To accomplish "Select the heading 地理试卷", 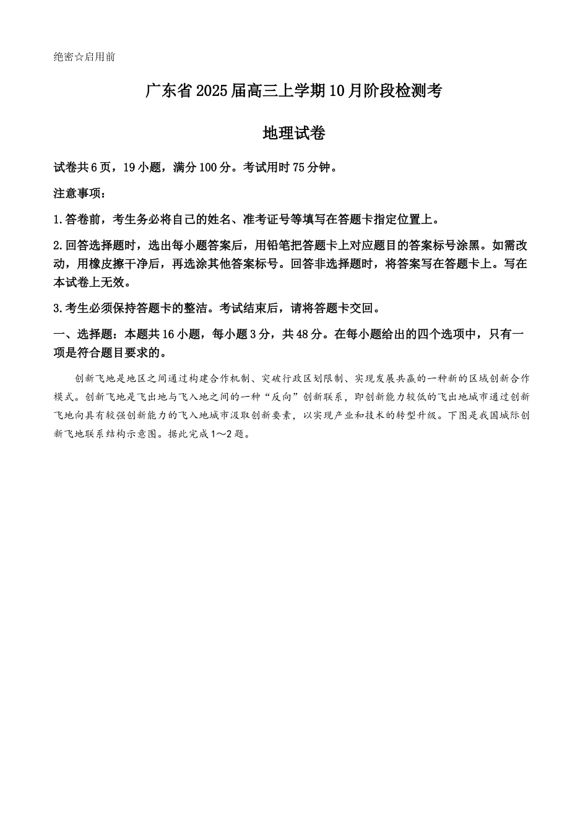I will click(x=294, y=133).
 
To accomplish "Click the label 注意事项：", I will click(x=80, y=193).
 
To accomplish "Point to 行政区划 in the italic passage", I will click(x=308, y=378).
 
